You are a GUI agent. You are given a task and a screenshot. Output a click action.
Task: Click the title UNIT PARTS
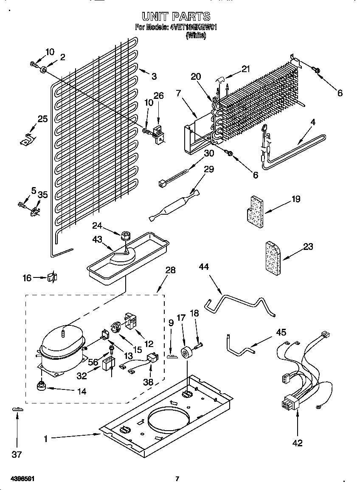click(x=175, y=17)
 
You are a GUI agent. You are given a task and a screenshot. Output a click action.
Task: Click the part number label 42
click(x=298, y=443)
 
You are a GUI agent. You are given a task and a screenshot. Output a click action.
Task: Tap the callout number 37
click(x=17, y=454)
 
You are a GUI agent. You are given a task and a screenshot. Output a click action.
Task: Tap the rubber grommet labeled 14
click(x=41, y=386)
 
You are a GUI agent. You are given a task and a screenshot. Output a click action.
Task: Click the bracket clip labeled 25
click(x=28, y=138)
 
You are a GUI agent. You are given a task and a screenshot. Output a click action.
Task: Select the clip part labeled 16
click(x=52, y=277)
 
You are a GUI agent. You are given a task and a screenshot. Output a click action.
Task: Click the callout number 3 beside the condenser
click(x=154, y=76)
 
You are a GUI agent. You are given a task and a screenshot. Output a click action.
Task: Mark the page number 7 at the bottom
click(x=177, y=479)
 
